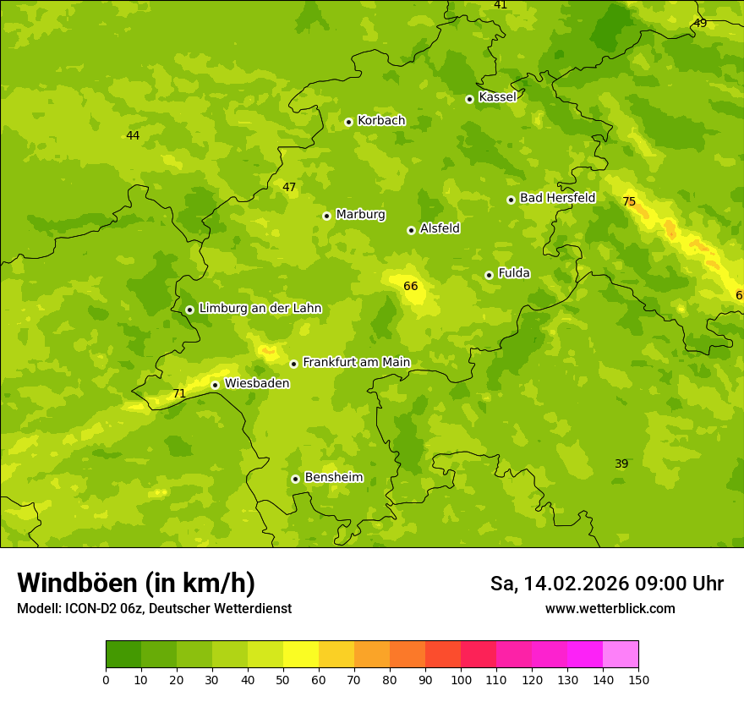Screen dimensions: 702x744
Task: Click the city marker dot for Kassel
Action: coord(469,99)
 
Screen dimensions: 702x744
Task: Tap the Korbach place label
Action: coord(381,121)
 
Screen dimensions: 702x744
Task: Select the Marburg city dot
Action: coord(326,216)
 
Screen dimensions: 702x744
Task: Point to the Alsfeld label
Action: coord(440,228)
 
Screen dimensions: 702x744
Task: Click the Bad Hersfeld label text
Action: coord(557,198)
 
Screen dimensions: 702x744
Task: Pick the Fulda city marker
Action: coord(489,275)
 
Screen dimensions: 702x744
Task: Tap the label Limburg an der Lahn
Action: coord(260,309)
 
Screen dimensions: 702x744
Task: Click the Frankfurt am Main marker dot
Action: coord(293,364)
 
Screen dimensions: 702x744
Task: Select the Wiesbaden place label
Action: coord(256,384)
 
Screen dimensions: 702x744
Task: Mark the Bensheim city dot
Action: coord(295,479)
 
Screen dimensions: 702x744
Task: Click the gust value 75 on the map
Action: coord(629,202)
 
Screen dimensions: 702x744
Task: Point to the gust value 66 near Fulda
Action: coord(411,287)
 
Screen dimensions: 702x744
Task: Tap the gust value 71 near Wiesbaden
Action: coord(179,394)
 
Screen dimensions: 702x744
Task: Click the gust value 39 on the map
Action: coord(621,464)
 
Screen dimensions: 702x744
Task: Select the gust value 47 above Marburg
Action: coord(289,188)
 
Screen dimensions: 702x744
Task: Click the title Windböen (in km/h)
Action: coord(136,583)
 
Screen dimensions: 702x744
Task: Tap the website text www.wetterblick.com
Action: coord(610,609)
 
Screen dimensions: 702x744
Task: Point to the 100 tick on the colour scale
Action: coord(461,679)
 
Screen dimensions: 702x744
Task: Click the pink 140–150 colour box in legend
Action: coord(621,655)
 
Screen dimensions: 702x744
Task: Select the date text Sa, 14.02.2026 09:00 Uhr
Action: coord(606,584)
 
